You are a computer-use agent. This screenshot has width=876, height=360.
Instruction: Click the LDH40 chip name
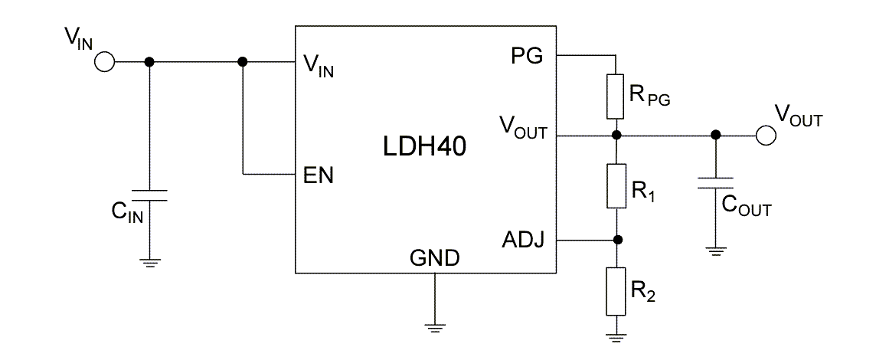pos(425,146)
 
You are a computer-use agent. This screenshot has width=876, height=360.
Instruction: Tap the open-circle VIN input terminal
pos(104,62)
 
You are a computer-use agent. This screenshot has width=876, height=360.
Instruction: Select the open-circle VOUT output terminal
pos(765,136)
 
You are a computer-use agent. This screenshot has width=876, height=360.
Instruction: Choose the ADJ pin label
pos(524,241)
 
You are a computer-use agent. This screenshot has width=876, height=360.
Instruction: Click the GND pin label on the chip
pos(435,258)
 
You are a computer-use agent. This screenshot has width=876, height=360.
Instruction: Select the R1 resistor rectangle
pos(616,186)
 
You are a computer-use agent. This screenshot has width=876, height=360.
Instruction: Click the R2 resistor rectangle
pos(616,291)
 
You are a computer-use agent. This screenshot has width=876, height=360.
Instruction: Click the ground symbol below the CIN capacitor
pos(150,263)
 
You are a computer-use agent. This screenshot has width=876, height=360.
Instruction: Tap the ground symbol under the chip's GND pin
pos(435,328)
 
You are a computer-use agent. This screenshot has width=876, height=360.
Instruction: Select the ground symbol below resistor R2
pos(616,336)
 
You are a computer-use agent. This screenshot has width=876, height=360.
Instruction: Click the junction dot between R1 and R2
pos(616,240)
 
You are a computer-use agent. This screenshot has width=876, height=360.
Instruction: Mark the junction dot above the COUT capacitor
pos(715,136)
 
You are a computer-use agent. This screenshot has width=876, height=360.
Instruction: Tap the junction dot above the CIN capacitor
pos(150,62)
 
